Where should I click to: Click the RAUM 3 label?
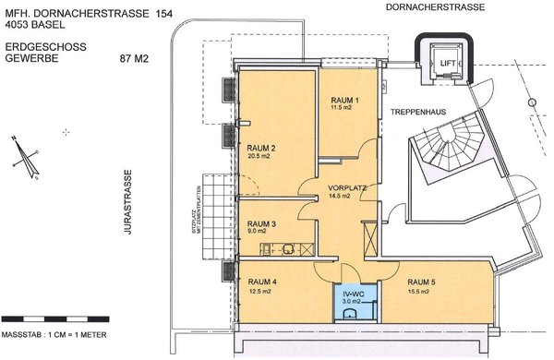tap(261, 223)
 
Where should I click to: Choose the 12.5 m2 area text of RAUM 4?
tap(259, 292)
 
